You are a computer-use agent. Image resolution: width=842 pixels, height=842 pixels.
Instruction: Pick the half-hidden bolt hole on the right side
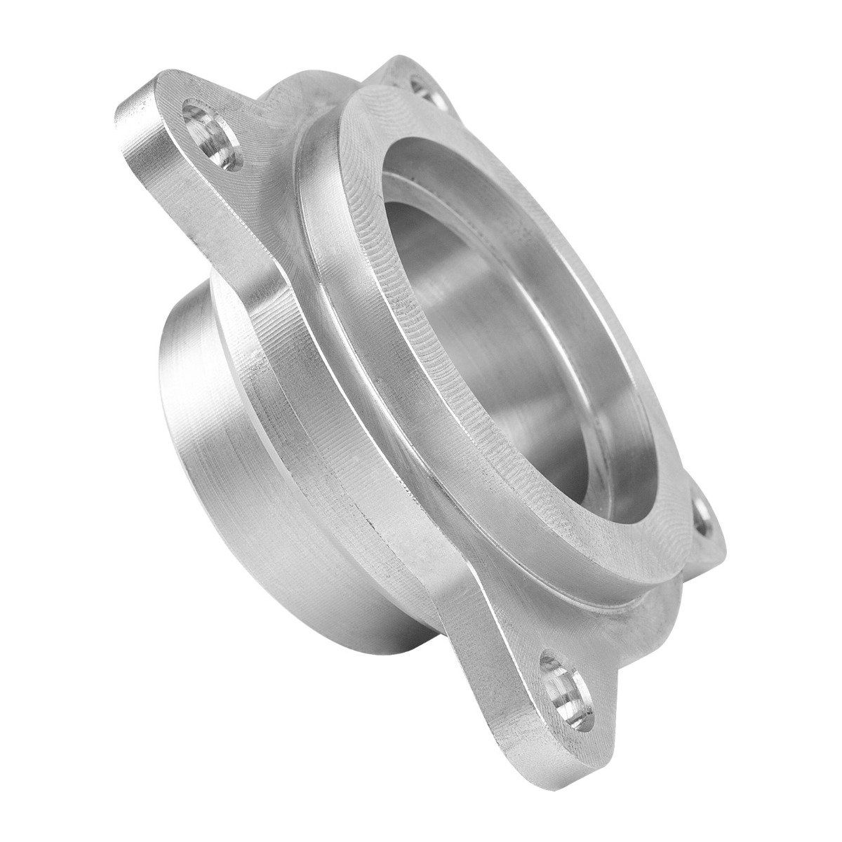[x=704, y=519]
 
